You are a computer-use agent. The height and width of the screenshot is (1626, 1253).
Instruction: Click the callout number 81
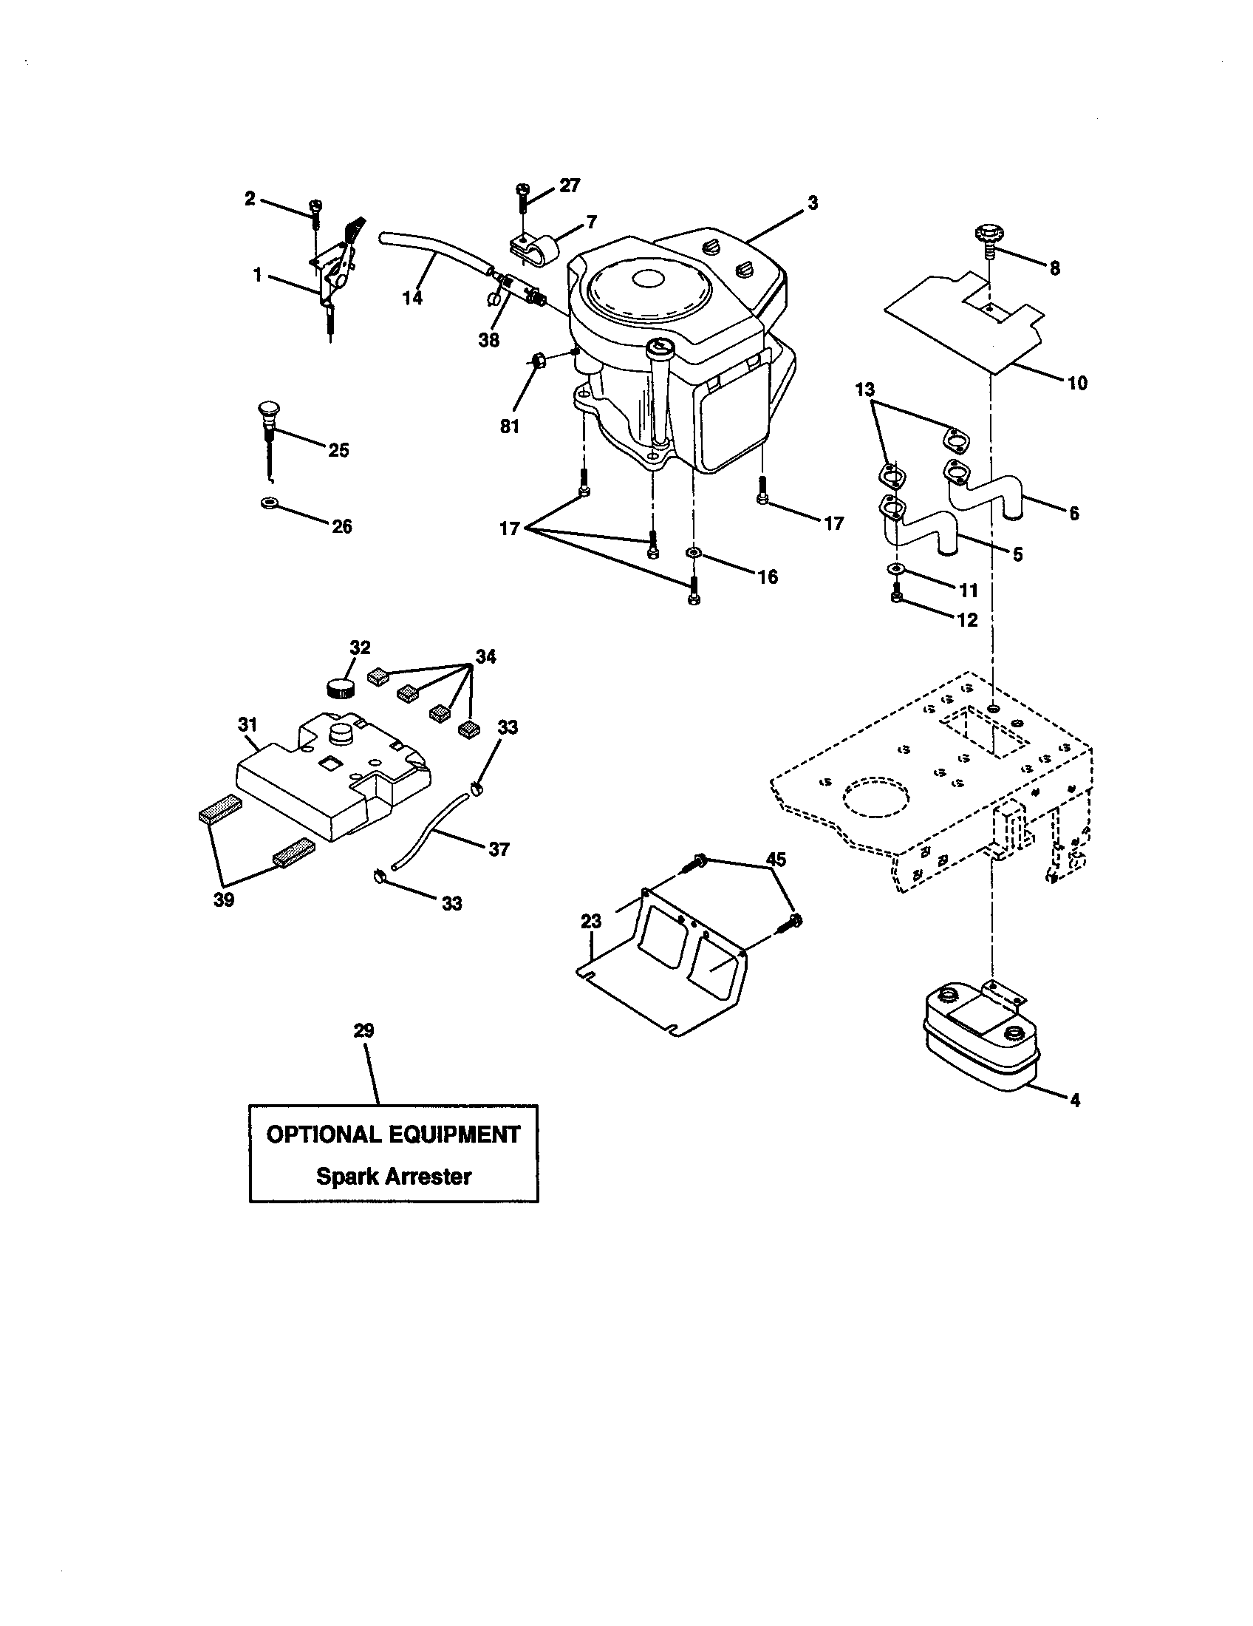(510, 426)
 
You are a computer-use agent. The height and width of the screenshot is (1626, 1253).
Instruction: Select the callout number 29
(363, 1031)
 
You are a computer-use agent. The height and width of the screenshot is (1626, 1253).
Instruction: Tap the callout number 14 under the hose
(412, 298)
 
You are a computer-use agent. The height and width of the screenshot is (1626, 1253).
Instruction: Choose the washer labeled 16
(693, 553)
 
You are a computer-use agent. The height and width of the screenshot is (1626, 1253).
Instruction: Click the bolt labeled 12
(898, 596)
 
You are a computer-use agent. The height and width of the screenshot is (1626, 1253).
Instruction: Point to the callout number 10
(1076, 383)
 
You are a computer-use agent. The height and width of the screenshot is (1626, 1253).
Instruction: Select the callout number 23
(591, 922)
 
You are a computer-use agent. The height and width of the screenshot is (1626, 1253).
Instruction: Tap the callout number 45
(776, 859)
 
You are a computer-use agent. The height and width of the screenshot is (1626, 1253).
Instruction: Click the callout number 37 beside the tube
(499, 848)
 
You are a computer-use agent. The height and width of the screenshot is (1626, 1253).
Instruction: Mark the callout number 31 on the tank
(247, 724)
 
